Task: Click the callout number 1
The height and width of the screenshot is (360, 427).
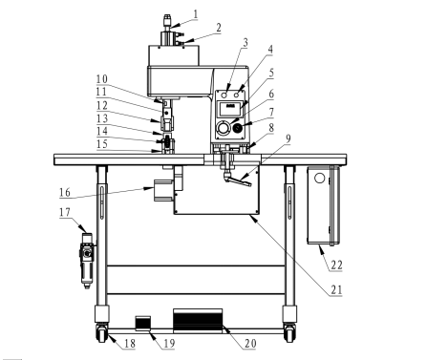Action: pyautogui.click(x=196, y=14)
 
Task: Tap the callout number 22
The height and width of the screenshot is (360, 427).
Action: pyautogui.click(x=336, y=265)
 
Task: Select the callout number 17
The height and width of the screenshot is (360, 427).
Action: pyautogui.click(x=65, y=212)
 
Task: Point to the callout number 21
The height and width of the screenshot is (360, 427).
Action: pyautogui.click(x=336, y=289)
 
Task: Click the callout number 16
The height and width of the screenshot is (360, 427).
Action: pyautogui.click(x=65, y=192)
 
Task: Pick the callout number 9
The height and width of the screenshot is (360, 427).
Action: pyautogui.click(x=288, y=138)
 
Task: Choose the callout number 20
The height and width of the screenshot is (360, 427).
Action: pyautogui.click(x=250, y=344)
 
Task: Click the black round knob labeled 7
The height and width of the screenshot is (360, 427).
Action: pyautogui.click(x=238, y=128)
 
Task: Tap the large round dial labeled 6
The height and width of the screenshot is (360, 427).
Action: pyautogui.click(x=223, y=128)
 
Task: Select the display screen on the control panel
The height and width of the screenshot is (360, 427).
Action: pyautogui.click(x=229, y=109)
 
